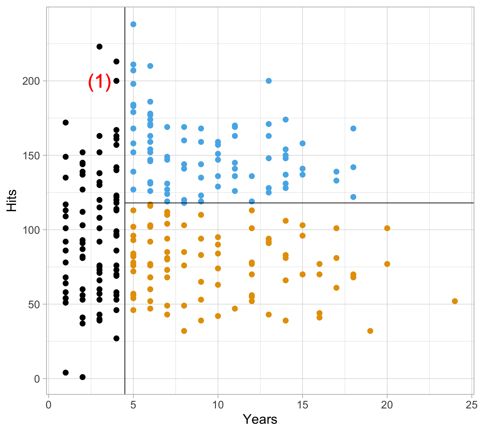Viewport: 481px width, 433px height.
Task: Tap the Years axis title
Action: click(260, 419)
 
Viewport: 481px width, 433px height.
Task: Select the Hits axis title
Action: click(12, 200)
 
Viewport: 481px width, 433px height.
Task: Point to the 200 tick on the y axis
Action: click(31, 81)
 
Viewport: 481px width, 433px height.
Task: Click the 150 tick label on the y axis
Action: click(31, 156)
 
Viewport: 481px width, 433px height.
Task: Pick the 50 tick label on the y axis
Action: click(34, 305)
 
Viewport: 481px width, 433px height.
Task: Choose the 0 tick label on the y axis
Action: click(37, 379)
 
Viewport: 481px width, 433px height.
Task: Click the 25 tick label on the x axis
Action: click(471, 405)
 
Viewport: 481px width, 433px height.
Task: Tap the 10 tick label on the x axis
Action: click(218, 405)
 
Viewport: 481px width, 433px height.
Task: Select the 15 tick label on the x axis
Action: click(302, 405)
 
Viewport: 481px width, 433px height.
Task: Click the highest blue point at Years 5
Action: click(133, 24)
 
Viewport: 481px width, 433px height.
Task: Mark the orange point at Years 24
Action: click(455, 301)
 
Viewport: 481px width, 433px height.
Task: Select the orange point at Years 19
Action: click(370, 331)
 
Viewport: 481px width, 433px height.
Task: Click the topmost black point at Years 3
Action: click(99, 47)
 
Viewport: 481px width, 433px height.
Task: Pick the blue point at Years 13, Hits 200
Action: click(269, 81)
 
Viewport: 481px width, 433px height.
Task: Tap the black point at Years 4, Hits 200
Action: click(116, 81)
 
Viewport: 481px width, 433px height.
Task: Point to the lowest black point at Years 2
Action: click(82, 377)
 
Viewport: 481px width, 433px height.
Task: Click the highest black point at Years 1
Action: click(66, 123)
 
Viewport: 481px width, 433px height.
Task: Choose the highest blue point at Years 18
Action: click(353, 129)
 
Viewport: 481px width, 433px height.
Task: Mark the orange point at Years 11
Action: click(235, 308)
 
